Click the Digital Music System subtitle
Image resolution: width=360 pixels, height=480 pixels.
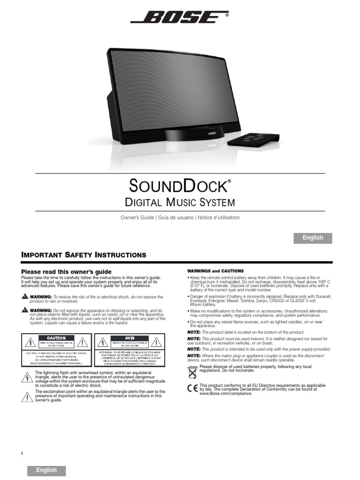coord(180,202)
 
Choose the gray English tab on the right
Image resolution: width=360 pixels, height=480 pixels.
coord(313,238)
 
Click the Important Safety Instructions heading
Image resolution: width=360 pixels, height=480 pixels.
coord(84,255)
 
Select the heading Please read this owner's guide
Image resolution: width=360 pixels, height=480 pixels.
coord(67,272)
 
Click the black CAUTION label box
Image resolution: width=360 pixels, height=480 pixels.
coord(59,338)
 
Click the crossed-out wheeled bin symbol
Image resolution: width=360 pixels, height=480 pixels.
coord(192,372)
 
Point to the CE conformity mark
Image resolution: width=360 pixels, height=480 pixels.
coord(192,388)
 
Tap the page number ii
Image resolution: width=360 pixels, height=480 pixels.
coord(22,453)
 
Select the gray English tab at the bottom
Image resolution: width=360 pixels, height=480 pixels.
coord(46,470)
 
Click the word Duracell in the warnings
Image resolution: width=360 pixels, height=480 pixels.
coord(322,297)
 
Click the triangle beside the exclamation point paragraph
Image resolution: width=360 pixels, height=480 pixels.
coord(28,397)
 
